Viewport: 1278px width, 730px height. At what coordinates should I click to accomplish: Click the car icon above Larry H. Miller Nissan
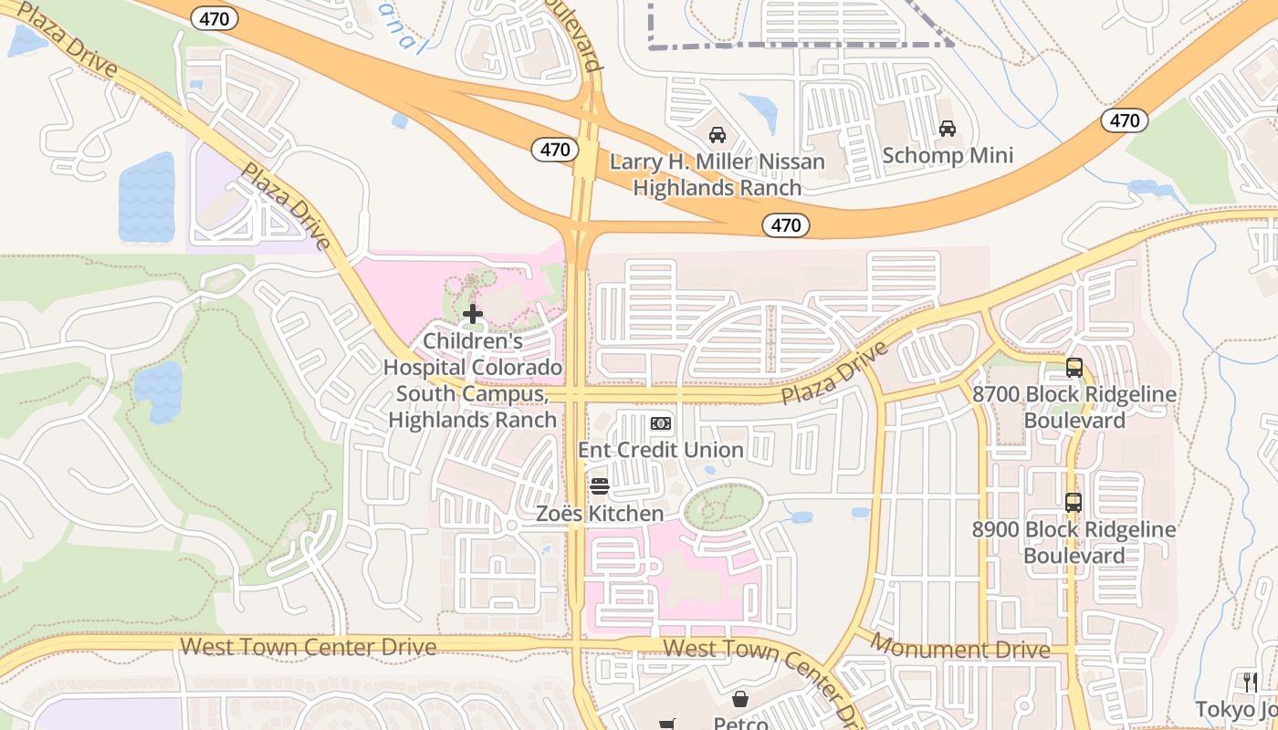718,135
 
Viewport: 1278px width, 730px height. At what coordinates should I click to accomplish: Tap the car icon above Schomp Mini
948,129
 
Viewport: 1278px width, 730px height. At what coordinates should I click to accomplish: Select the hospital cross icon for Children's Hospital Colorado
473,315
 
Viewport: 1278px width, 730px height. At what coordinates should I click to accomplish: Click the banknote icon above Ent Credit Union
661,423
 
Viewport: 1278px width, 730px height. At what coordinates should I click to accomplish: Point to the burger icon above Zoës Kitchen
599,485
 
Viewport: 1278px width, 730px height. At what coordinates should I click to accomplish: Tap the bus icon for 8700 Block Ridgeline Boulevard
1074,368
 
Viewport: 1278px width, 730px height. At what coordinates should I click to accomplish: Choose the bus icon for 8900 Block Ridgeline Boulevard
1074,502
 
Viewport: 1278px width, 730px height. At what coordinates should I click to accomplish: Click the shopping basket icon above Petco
740,700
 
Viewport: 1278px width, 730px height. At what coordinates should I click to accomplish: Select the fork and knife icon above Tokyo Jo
1251,682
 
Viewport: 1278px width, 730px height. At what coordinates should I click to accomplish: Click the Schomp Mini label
948,155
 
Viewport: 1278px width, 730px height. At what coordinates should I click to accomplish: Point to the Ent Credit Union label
661,450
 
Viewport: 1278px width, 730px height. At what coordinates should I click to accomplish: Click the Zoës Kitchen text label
599,514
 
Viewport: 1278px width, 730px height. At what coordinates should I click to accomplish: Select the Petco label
739,723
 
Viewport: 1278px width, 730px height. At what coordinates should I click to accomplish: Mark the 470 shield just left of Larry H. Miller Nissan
554,150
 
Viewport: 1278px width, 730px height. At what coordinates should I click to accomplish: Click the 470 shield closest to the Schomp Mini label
1124,120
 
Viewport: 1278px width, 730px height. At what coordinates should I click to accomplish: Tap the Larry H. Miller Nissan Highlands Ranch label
717,175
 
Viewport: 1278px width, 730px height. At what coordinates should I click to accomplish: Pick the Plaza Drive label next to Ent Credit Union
834,374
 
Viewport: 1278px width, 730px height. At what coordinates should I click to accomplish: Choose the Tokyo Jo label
1237,710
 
